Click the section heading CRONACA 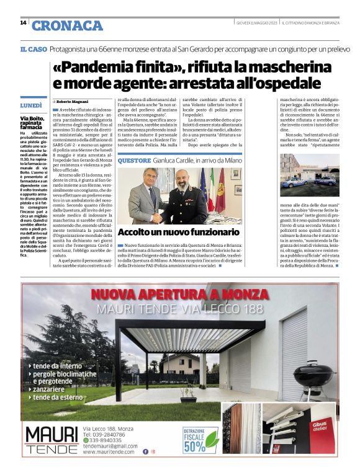[x=67, y=25]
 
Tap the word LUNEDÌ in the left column [x=31, y=106]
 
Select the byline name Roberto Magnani [x=73, y=101]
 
